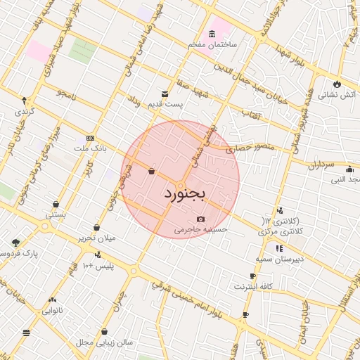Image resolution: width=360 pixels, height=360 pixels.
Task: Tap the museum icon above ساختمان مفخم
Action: pos(212,34)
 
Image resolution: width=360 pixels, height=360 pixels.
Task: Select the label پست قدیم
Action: pos(165,104)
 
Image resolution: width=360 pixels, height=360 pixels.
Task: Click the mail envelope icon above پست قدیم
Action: pos(165,94)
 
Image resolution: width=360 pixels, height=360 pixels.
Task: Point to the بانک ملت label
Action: pos(89,148)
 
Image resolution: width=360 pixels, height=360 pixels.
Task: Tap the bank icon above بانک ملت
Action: pos(90,138)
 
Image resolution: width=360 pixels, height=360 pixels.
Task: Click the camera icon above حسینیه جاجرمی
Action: pos(201,219)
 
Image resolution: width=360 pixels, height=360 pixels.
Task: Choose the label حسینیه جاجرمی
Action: pos(202,229)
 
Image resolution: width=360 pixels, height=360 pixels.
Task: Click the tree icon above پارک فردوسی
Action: pos(15,243)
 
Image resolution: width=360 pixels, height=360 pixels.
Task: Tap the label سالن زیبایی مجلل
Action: pos(105,342)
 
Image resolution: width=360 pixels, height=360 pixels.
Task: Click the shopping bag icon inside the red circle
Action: pos(151,171)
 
